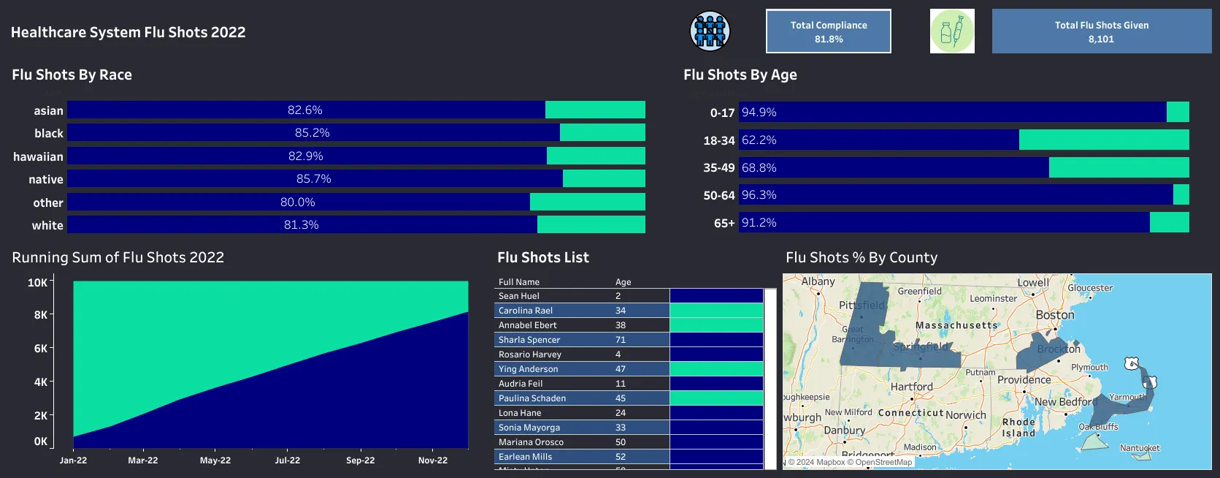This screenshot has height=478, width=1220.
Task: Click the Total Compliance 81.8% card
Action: pyautogui.click(x=828, y=31)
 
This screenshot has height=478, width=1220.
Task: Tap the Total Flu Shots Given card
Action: pyautogui.click(x=1101, y=31)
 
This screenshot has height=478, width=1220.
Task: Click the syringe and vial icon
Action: pyautogui.click(x=952, y=31)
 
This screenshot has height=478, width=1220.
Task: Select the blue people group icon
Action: pyautogui.click(x=710, y=31)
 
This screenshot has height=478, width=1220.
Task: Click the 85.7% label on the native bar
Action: pyautogui.click(x=313, y=179)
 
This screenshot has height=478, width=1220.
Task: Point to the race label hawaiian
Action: pyautogui.click(x=38, y=156)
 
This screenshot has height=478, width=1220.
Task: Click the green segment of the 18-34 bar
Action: pyautogui.click(x=1103, y=140)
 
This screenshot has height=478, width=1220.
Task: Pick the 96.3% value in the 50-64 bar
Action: pyautogui.click(x=759, y=195)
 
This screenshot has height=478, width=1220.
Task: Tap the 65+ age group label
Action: pyautogui.click(x=724, y=223)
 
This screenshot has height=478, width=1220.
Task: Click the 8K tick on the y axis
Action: pyautogui.click(x=40, y=315)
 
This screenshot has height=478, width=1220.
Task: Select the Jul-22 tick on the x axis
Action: pyautogui.click(x=287, y=460)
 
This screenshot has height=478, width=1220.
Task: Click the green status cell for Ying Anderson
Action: pyautogui.click(x=715, y=369)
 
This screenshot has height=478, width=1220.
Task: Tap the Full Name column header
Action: pyautogui.click(x=518, y=282)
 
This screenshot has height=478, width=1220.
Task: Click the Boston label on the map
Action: pyautogui.click(x=1054, y=315)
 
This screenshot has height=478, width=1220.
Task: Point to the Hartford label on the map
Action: pyautogui.click(x=911, y=387)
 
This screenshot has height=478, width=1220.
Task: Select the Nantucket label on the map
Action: pyautogui.click(x=1139, y=448)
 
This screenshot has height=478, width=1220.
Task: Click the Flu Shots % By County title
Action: pyautogui.click(x=861, y=257)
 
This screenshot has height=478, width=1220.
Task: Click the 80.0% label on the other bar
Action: pyautogui.click(x=297, y=202)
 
